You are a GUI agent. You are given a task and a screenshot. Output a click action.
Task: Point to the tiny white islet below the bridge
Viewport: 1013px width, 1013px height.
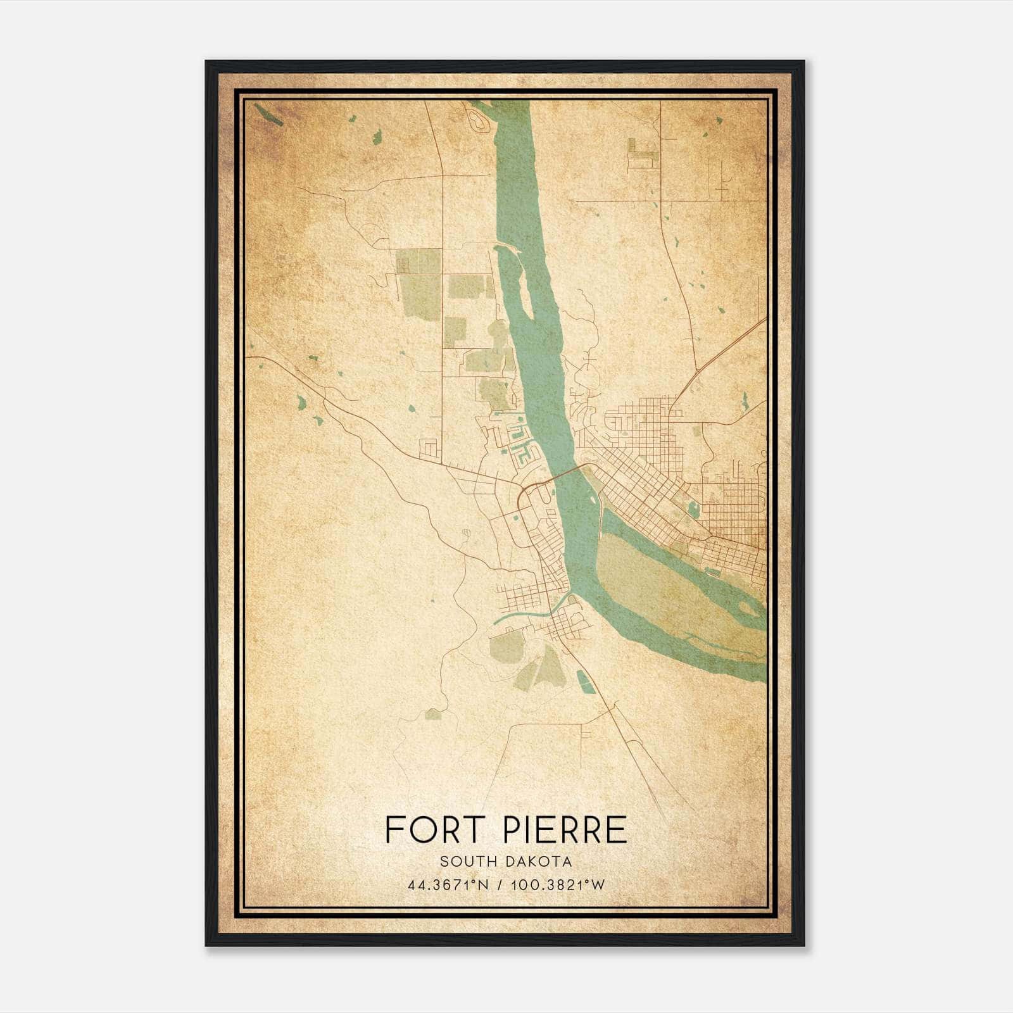pyautogui.click(x=598, y=517)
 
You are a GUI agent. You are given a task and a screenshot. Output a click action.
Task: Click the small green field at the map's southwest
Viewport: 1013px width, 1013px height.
pyautogui.click(x=434, y=714)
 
